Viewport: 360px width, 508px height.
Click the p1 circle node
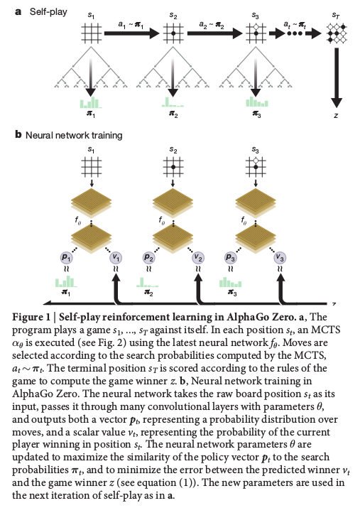(x=66, y=258)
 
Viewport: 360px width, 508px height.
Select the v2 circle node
(x=198, y=258)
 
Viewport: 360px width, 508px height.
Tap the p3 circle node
(x=230, y=258)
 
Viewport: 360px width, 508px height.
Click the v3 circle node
(x=280, y=258)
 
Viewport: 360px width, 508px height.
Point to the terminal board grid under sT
(x=337, y=33)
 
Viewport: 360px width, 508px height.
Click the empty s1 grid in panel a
(x=92, y=33)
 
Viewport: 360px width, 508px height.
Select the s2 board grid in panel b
(x=173, y=167)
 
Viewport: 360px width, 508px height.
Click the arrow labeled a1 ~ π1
(x=132, y=33)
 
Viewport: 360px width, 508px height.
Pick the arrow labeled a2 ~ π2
(x=214, y=33)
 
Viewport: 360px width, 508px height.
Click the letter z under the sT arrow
(x=337, y=115)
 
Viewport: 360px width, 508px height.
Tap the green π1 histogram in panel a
(x=91, y=102)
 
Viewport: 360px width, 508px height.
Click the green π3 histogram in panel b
(x=231, y=282)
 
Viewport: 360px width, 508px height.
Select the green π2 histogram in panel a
(x=173, y=102)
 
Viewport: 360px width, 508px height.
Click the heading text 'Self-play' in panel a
(x=48, y=12)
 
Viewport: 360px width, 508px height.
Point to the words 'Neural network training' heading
(x=74, y=135)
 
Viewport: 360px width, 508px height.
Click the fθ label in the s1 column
(x=78, y=221)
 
